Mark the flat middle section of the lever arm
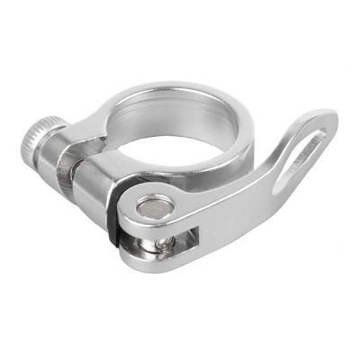pyautogui.click(x=234, y=202)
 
